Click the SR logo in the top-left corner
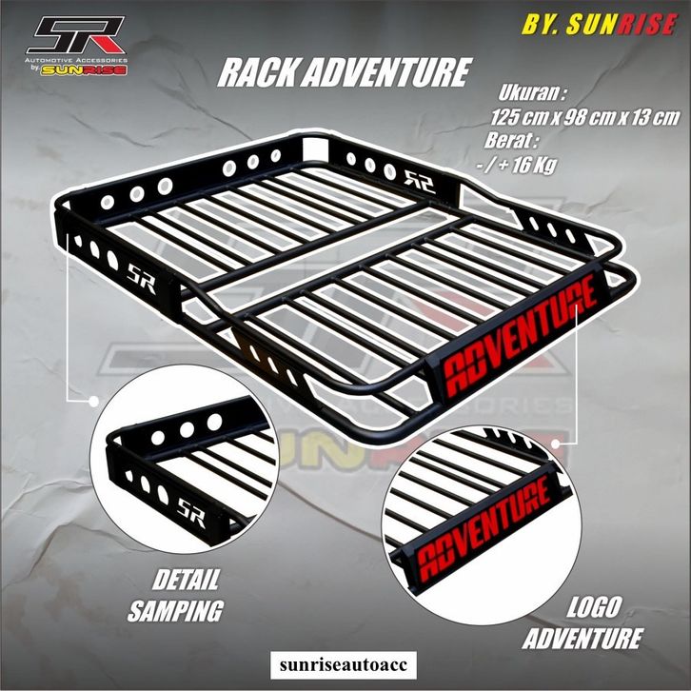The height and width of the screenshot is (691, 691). click(75, 36)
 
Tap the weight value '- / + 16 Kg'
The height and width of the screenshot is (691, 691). click(523, 163)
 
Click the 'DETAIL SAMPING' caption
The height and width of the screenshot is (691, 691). click(188, 595)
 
